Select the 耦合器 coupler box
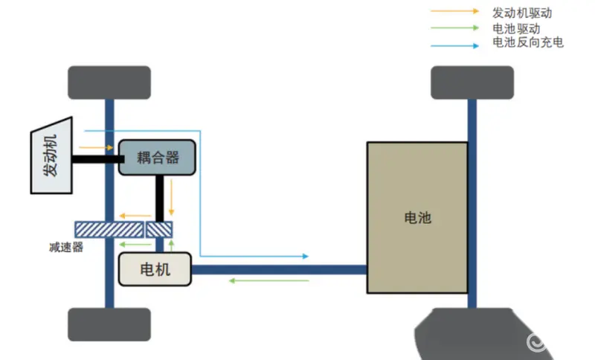click(158, 158)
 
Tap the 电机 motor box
click(155, 269)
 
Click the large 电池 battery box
click(417, 218)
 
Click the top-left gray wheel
click(109, 83)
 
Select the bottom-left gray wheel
click(109, 324)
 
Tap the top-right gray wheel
click(472, 83)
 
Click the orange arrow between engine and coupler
click(96, 147)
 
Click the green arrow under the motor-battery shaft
click(268, 280)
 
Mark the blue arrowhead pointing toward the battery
click(304, 257)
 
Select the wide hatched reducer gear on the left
click(109, 230)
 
